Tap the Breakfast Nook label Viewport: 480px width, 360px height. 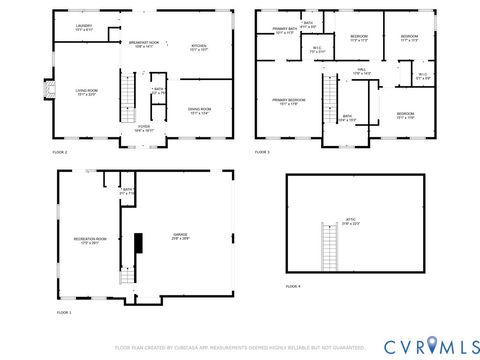[141, 44]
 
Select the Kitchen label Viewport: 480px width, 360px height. [198, 47]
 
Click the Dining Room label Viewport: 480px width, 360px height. [199, 111]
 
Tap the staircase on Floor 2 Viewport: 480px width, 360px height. [127, 99]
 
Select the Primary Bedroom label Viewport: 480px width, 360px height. [289, 102]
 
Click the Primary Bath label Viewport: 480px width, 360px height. [284, 30]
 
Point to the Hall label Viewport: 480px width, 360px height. [361, 73]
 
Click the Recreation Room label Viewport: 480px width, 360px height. [89, 241]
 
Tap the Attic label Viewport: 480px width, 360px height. [351, 221]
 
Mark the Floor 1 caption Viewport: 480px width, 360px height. [64, 313]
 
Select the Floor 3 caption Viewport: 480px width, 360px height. [262, 152]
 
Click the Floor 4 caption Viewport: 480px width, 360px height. [292, 287]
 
